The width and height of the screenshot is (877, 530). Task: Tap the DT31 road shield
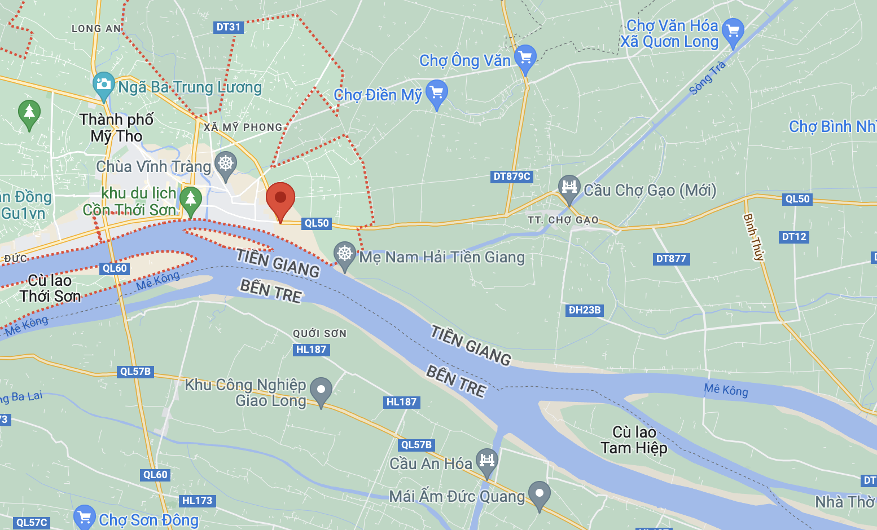(229, 27)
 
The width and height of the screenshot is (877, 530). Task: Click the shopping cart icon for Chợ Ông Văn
(525, 58)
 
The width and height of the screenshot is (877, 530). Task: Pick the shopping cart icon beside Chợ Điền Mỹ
(437, 92)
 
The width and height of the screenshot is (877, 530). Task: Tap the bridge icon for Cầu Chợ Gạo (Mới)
(569, 187)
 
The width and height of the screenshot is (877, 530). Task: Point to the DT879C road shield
(512, 176)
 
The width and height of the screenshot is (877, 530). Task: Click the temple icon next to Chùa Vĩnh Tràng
(226, 164)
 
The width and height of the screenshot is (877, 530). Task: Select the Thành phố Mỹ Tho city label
(116, 128)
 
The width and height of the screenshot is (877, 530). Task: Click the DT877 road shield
(671, 259)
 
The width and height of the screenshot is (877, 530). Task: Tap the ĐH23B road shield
(585, 310)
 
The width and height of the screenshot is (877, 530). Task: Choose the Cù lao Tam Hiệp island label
(634, 440)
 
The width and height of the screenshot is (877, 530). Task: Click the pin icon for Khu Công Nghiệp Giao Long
(321, 390)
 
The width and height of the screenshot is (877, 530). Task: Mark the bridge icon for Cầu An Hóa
(486, 461)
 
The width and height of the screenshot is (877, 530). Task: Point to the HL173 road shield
(197, 501)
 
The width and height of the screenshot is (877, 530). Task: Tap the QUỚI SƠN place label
(319, 334)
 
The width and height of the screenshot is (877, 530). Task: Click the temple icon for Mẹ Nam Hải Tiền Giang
(344, 254)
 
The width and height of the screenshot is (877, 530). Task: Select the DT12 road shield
(794, 237)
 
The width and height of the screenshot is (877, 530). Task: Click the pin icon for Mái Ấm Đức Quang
(539, 494)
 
